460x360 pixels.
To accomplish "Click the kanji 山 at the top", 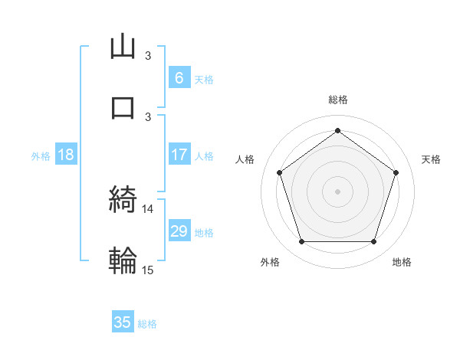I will pyautogui.click(x=123, y=47).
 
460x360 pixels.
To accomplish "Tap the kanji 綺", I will pyautogui.click(x=123, y=201).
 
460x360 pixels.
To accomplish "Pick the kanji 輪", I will pyautogui.click(x=123, y=260).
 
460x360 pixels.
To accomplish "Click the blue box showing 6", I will pyautogui.click(x=179, y=77).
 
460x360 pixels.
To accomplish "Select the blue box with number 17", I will pyautogui.click(x=179, y=155).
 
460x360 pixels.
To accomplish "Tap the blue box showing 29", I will pyautogui.click(x=179, y=231).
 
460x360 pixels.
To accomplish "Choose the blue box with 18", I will pyautogui.click(x=66, y=155).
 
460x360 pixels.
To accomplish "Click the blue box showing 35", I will pyautogui.click(x=123, y=322).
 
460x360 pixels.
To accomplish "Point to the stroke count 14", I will pyautogui.click(x=148, y=208).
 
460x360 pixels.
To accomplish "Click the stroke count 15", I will pyautogui.click(x=148, y=269).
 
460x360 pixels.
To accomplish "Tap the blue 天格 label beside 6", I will pyautogui.click(x=204, y=79).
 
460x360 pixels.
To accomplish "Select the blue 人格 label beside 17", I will pyautogui.click(x=204, y=155).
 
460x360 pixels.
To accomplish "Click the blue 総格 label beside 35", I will pyautogui.click(x=147, y=324).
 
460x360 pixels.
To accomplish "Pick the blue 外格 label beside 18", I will pyautogui.click(x=41, y=155).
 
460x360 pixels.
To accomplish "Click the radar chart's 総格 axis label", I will pyautogui.click(x=338, y=100).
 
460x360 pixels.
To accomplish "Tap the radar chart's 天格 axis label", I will pyautogui.click(x=432, y=159).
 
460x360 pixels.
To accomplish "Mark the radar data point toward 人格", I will pyautogui.click(x=280, y=172).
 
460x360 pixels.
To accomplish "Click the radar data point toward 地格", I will pyautogui.click(x=373, y=242).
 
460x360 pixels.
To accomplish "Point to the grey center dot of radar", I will pyautogui.click(x=338, y=191).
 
